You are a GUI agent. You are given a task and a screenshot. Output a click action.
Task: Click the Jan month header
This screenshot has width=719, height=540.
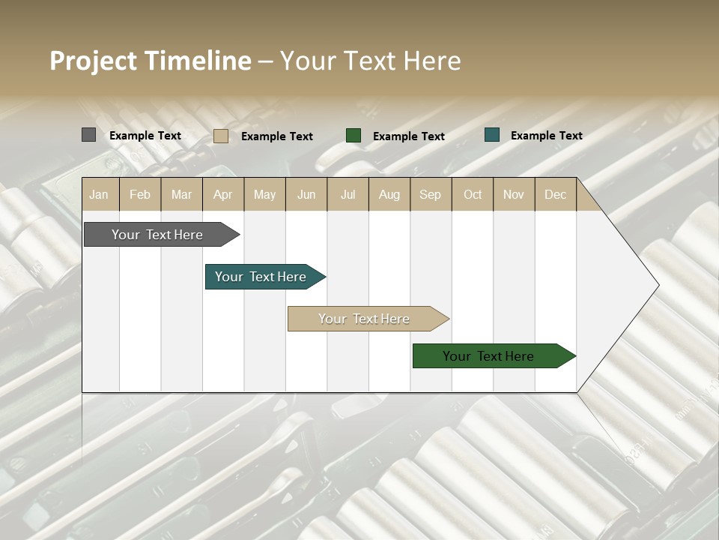click(100, 194)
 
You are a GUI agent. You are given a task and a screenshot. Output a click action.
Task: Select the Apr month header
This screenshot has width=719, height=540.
click(223, 194)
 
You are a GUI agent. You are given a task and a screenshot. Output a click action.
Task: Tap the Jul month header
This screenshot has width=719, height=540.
click(348, 194)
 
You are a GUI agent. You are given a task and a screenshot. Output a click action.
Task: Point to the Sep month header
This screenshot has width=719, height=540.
click(430, 194)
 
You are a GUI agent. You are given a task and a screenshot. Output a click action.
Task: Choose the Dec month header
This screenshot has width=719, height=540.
click(555, 194)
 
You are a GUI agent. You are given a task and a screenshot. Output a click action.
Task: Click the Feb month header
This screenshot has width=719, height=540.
click(140, 194)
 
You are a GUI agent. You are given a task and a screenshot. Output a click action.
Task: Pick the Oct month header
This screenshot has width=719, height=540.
click(472, 194)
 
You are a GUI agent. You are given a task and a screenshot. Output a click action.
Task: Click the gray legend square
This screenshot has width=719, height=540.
click(88, 135)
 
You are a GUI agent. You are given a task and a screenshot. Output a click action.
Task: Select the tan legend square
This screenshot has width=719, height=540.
click(220, 136)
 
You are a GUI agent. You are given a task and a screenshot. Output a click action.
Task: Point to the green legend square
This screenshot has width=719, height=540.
click(354, 135)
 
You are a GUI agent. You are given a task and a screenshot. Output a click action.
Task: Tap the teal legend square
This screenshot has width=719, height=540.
click(491, 135)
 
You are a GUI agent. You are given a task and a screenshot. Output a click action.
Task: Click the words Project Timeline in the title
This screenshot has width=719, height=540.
click(150, 61)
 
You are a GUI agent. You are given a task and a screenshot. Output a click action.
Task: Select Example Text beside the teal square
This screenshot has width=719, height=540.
click(546, 135)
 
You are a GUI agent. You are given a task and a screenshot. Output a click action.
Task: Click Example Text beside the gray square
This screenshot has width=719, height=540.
click(145, 135)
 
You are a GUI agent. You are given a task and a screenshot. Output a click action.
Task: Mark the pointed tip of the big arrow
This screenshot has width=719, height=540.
click(658, 285)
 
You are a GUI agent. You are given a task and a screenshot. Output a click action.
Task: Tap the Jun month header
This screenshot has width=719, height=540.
click(306, 194)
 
